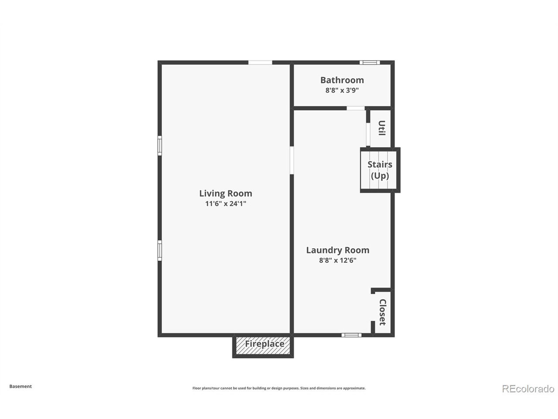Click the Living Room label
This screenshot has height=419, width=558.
[x=225, y=193]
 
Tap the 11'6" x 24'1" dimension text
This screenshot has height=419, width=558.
[x=225, y=204]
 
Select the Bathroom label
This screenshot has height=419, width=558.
[x=342, y=80]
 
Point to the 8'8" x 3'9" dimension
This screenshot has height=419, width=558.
[x=342, y=90]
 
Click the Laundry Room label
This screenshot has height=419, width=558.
[x=337, y=250]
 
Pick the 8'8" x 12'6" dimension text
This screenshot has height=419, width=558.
[x=337, y=261]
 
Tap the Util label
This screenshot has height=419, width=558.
[x=381, y=128]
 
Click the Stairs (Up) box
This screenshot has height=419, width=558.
[x=380, y=170]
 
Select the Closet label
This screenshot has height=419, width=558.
[x=382, y=312]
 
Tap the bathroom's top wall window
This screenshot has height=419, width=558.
[x=369, y=62]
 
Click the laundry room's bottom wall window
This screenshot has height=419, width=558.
[x=351, y=335]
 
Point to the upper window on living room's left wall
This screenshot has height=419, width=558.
[x=160, y=145]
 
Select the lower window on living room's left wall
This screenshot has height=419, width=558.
[x=160, y=250]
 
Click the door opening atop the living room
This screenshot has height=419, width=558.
[x=260, y=62]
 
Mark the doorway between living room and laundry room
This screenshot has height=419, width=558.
[x=292, y=160]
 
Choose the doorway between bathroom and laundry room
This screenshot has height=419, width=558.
[x=356, y=108]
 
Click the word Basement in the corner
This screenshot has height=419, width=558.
[x=20, y=386]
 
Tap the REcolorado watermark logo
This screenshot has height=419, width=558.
[x=528, y=388]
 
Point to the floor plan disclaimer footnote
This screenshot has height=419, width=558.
[x=279, y=388]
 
